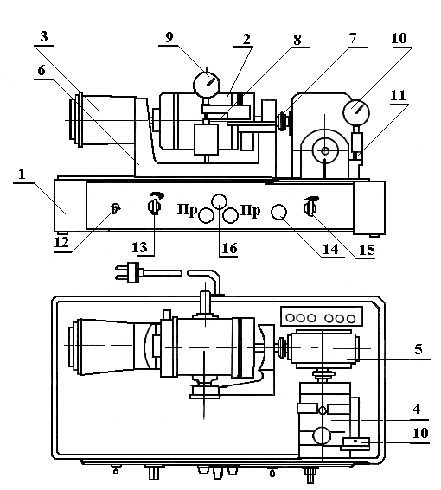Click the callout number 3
44,36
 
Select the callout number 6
42,71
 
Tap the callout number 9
169,37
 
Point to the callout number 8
297,40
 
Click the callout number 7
353,38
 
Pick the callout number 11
398,95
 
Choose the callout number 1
22,174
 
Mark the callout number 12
61,242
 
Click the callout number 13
139,247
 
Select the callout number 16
229,248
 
